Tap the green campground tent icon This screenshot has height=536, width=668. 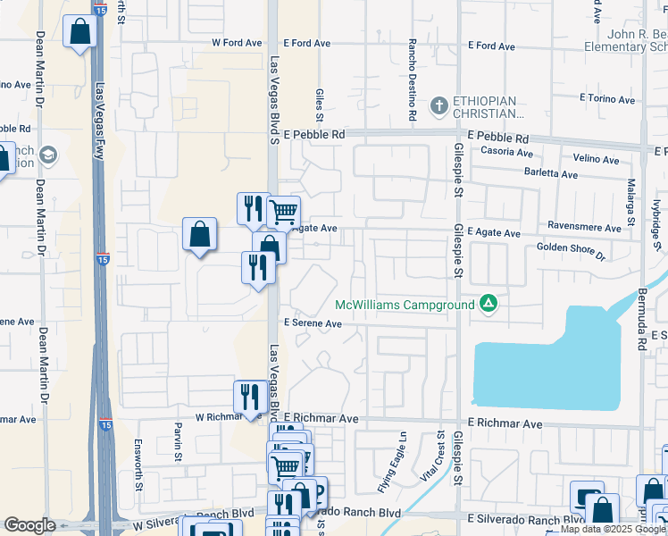pyautogui.click(x=488, y=305)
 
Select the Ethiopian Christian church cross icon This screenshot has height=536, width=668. pyautogui.click(x=438, y=106)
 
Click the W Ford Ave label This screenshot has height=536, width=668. pyautogui.click(x=237, y=43)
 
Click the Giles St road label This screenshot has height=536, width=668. pyautogui.click(x=319, y=105)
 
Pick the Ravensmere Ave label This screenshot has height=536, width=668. pyautogui.click(x=584, y=229)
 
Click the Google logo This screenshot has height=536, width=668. pyautogui.click(x=30, y=525)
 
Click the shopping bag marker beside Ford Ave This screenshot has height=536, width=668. pyautogui.click(x=80, y=33)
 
